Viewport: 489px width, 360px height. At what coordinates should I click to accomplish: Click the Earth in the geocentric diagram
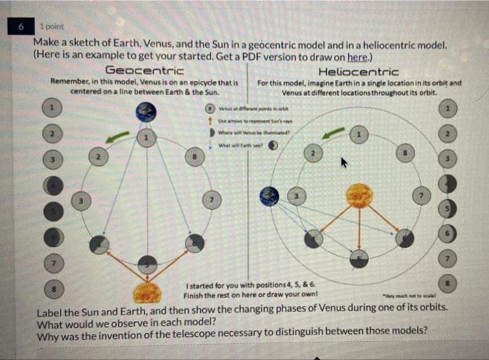147,112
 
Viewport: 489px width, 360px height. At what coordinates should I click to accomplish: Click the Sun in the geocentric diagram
147,291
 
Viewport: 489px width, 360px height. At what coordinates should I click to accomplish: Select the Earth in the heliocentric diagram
268,196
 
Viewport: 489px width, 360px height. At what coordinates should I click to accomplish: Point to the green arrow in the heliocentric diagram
336,132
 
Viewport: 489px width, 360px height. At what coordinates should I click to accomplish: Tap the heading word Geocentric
145,71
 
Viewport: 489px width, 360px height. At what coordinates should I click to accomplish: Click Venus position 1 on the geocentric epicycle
146,138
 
